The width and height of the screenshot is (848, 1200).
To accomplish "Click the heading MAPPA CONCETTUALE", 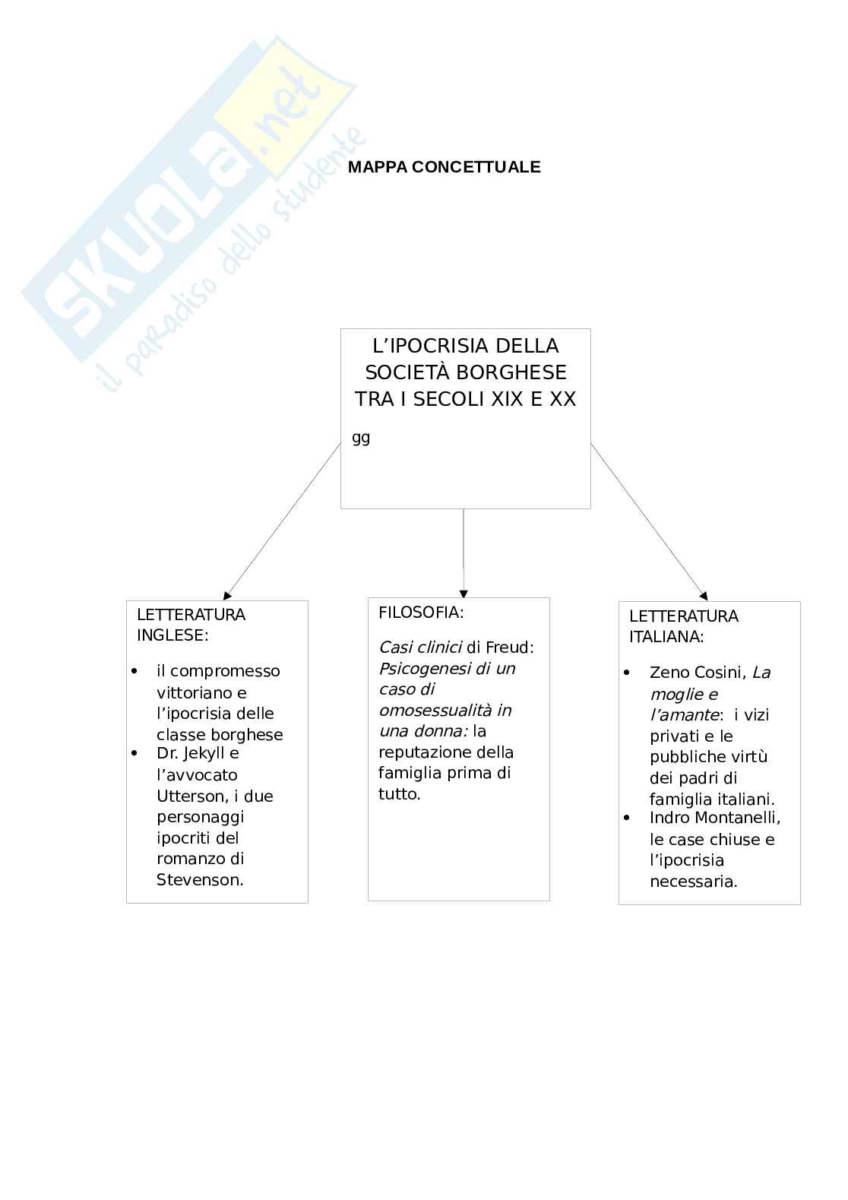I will pos(444,167).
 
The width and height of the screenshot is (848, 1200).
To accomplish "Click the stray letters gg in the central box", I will pos(361,438).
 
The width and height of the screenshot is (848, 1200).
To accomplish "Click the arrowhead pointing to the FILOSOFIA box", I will pos(464,594).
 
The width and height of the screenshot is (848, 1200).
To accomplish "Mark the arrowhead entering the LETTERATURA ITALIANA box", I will pos(704,596).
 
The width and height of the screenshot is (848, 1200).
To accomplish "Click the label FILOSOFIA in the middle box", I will pos(420,613).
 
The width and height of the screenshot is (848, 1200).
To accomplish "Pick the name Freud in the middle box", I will pos(509,647).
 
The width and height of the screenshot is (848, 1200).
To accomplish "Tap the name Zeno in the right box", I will pos(667,673).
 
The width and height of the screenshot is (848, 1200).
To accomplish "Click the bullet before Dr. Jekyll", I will pos(135,753).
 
